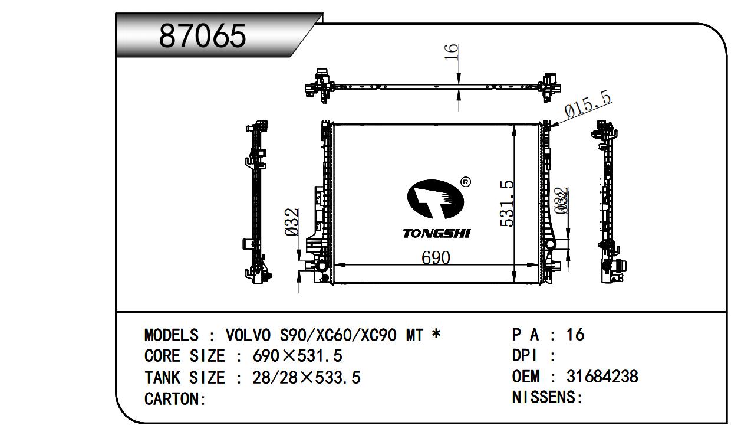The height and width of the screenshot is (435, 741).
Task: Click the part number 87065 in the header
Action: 202,36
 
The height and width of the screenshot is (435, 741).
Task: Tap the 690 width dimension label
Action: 436,258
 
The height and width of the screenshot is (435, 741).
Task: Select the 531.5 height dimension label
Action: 507,204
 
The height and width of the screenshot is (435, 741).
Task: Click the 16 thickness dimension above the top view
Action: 451,53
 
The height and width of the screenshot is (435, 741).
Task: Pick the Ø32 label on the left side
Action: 291,222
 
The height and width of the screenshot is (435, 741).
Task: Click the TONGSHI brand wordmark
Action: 437,234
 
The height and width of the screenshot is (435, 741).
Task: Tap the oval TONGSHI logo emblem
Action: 435,199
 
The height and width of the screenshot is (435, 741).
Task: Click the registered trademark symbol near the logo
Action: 466,182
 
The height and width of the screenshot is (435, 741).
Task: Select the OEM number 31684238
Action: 602,377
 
